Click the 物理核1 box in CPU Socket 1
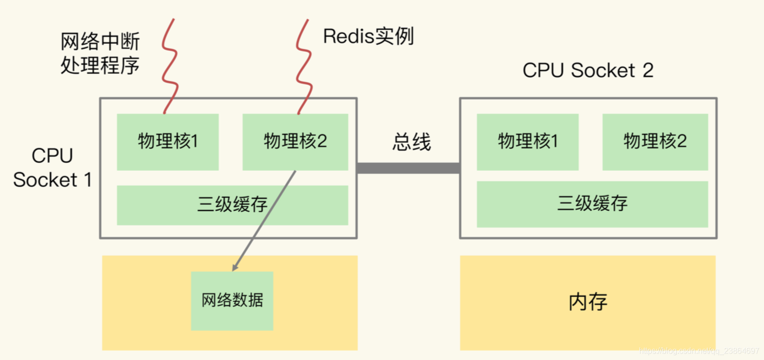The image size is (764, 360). pos(167,142)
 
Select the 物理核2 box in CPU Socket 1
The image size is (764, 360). pos(295,142)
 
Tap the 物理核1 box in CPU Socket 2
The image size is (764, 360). pos(528,142)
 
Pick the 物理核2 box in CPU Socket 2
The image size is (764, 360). pos(655,142)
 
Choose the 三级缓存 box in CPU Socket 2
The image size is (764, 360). pos(592,204)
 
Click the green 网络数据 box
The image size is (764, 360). pos(232,300)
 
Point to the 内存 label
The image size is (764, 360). pos(588,302)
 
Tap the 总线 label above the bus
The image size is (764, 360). pos(411,142)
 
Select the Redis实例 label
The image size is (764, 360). pos(368,36)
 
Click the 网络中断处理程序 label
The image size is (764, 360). pos(100,53)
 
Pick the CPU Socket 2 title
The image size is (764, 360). pos(588,70)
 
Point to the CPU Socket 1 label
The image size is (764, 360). pos(52,168)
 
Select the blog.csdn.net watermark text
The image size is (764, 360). pos(699,351)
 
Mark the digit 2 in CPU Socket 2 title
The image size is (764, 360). pos(647,70)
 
